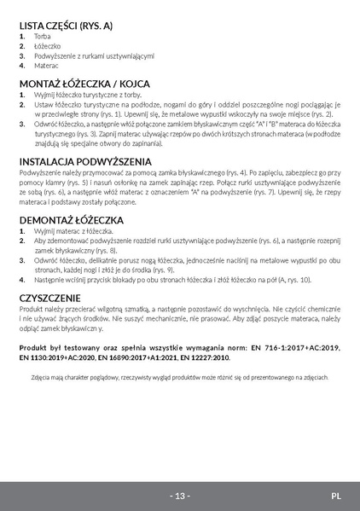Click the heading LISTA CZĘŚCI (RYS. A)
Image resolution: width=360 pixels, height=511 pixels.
[66, 26]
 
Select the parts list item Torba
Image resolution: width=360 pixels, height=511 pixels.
[42, 38]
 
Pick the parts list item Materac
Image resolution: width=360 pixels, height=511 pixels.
[46, 65]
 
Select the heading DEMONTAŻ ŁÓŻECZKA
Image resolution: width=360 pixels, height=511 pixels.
[72, 220]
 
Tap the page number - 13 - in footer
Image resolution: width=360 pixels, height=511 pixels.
[180, 495]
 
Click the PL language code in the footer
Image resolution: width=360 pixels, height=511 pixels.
[336, 495]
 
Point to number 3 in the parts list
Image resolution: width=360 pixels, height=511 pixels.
[22, 55]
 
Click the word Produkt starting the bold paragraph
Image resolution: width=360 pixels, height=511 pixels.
[34, 348]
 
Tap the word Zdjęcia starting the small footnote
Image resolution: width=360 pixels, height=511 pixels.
[43, 375]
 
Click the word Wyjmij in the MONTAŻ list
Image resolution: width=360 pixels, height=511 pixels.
[46, 95]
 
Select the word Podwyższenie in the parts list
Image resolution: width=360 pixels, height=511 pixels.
[59, 55]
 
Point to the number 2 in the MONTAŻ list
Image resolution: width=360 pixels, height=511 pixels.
[22, 104]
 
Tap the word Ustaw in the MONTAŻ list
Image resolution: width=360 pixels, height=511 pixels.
[44, 104]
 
